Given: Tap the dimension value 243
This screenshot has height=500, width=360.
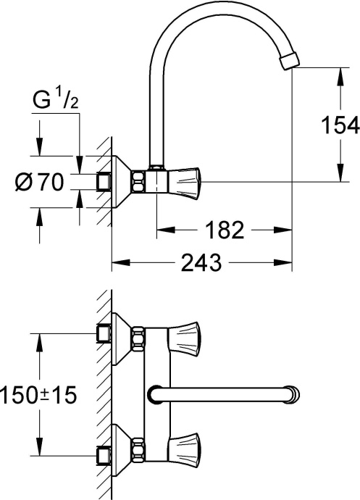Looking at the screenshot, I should point(201,263).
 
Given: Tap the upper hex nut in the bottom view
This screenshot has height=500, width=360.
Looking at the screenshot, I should point(137,337).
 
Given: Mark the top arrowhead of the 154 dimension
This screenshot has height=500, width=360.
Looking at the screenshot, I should point(339,73).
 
